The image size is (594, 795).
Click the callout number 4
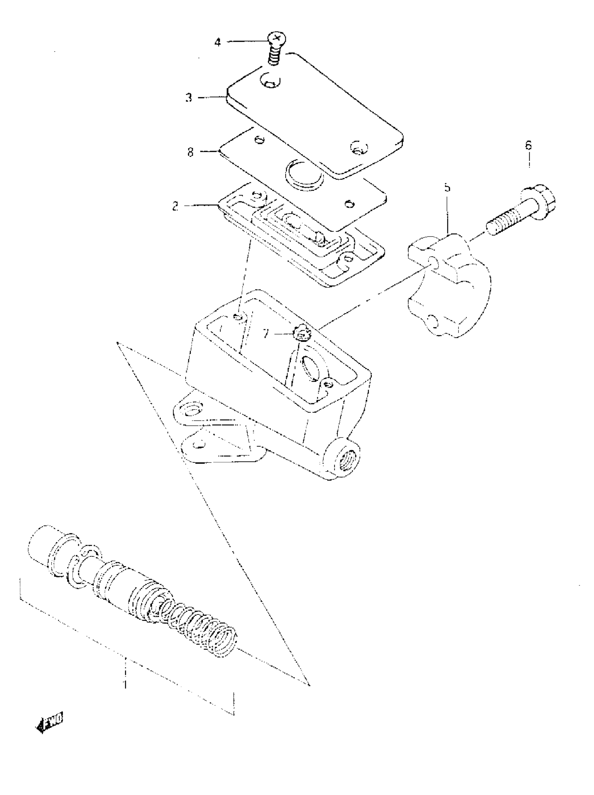[218, 43]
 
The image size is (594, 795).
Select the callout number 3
[189, 98]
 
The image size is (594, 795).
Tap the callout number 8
[190, 152]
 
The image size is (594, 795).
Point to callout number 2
[175, 207]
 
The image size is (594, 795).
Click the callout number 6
[528, 146]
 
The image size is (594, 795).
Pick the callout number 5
[447, 188]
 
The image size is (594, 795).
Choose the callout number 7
[265, 334]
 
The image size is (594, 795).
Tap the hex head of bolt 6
[541, 202]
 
